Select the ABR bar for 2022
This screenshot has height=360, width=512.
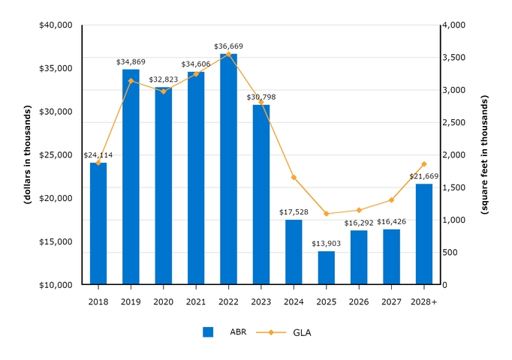pos(228,169)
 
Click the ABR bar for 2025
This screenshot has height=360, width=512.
pos(327,268)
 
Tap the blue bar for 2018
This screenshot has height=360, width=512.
pos(98,223)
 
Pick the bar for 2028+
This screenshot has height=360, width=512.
pos(424,234)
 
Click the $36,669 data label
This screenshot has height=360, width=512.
pos(228,46)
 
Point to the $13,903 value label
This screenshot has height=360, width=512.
pos(327,244)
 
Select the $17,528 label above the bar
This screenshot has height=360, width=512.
pos(294,212)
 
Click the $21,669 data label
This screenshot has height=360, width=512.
pos(424,176)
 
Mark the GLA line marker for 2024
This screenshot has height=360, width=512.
pos(294,178)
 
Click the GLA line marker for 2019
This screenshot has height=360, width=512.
pos(131,81)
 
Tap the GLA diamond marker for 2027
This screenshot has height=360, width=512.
pos(391,200)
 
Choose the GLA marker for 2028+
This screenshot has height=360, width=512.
pos(424,164)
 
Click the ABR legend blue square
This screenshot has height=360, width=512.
pos(208,332)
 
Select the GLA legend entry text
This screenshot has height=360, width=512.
pos(302,332)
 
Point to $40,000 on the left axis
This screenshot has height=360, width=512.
pos(55,25)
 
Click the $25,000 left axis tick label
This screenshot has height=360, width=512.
pos(55,155)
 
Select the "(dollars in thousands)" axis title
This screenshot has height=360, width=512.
pos(27,155)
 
